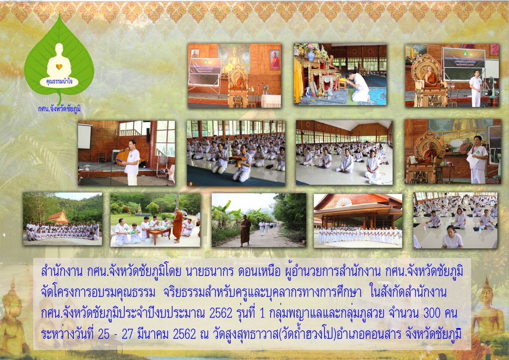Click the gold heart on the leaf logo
59,67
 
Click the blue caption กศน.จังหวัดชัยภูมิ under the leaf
59,109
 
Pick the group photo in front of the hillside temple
62,219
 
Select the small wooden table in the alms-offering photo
158,236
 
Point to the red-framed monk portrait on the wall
274,60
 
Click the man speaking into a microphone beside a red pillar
131,162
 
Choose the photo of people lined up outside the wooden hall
358,221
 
